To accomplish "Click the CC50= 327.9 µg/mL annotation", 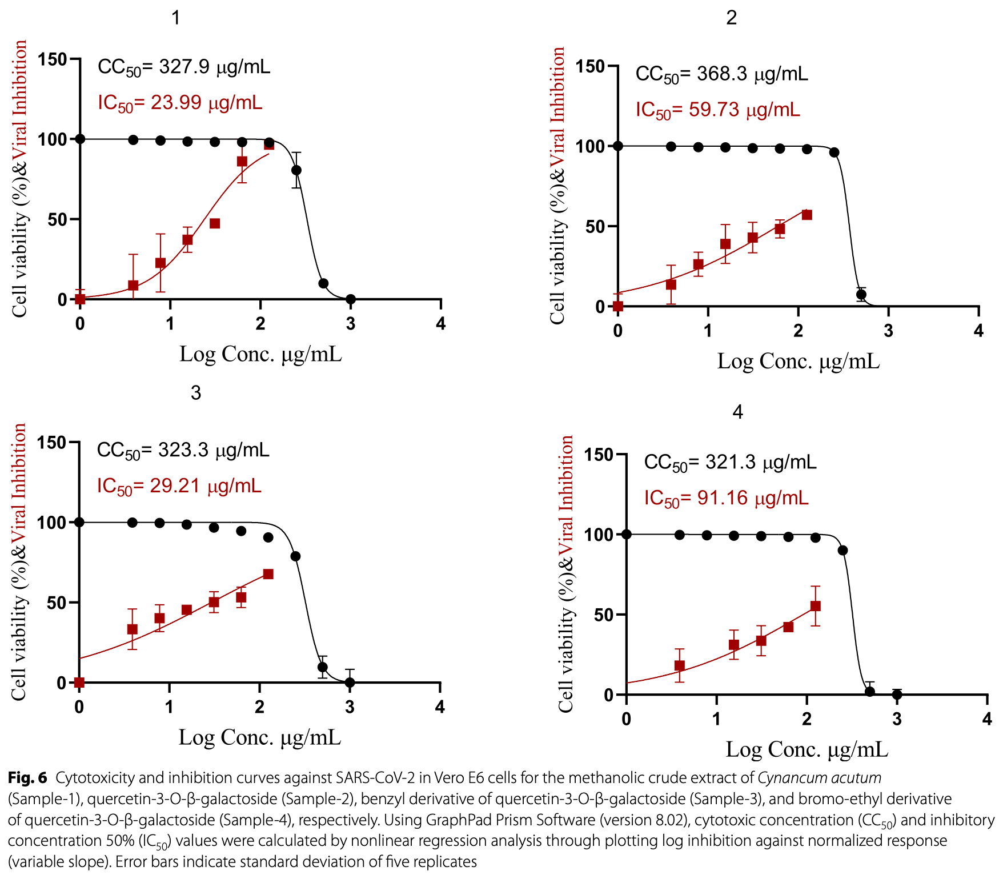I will click(184, 67).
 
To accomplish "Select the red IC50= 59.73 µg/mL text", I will click(718, 110).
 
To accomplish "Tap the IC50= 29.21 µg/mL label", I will click(179, 486).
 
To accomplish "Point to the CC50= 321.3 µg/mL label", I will click(730, 462).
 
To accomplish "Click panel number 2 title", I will click(731, 18).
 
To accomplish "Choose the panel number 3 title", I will click(196, 393).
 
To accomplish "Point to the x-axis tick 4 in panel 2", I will click(978, 331).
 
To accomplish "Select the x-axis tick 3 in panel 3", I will click(350, 707).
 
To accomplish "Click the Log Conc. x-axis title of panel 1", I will click(260, 354).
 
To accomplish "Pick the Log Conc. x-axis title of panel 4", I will click(807, 749).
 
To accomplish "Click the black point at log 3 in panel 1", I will click(351, 299).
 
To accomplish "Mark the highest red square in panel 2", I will click(807, 215).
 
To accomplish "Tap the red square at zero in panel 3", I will click(79, 683).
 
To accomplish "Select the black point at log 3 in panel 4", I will click(897, 695).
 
